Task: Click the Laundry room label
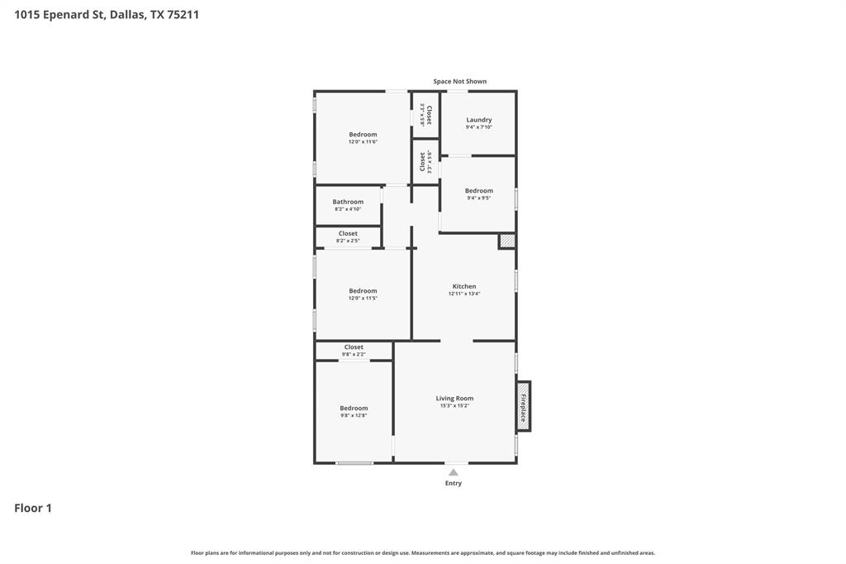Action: [478, 120]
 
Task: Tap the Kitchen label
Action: [463, 286]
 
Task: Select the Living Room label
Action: [454, 399]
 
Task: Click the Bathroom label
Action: [348, 202]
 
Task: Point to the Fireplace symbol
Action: [523, 406]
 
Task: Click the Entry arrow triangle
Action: [453, 472]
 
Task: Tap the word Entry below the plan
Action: [454, 483]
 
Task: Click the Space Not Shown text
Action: [459, 82]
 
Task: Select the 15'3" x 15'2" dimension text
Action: [454, 406]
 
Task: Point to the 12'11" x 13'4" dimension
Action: [463, 294]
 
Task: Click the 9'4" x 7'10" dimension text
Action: [478, 127]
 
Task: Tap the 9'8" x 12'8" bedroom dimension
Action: [354, 416]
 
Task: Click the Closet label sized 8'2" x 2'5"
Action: [348, 233]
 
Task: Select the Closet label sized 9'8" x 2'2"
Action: [354, 347]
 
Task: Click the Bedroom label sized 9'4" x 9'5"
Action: [478, 191]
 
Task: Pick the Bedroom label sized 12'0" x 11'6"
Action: [363, 135]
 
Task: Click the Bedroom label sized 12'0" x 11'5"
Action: [363, 291]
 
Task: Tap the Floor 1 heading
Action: [33, 508]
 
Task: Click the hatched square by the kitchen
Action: [507, 241]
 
